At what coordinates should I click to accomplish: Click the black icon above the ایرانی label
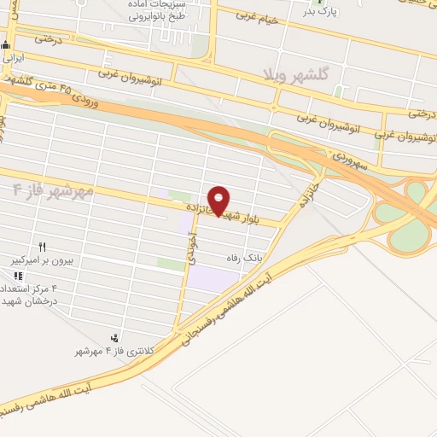pos(7,45)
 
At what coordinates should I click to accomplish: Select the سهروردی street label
pos(349,159)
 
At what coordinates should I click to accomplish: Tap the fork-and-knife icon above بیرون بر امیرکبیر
pos(41,246)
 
